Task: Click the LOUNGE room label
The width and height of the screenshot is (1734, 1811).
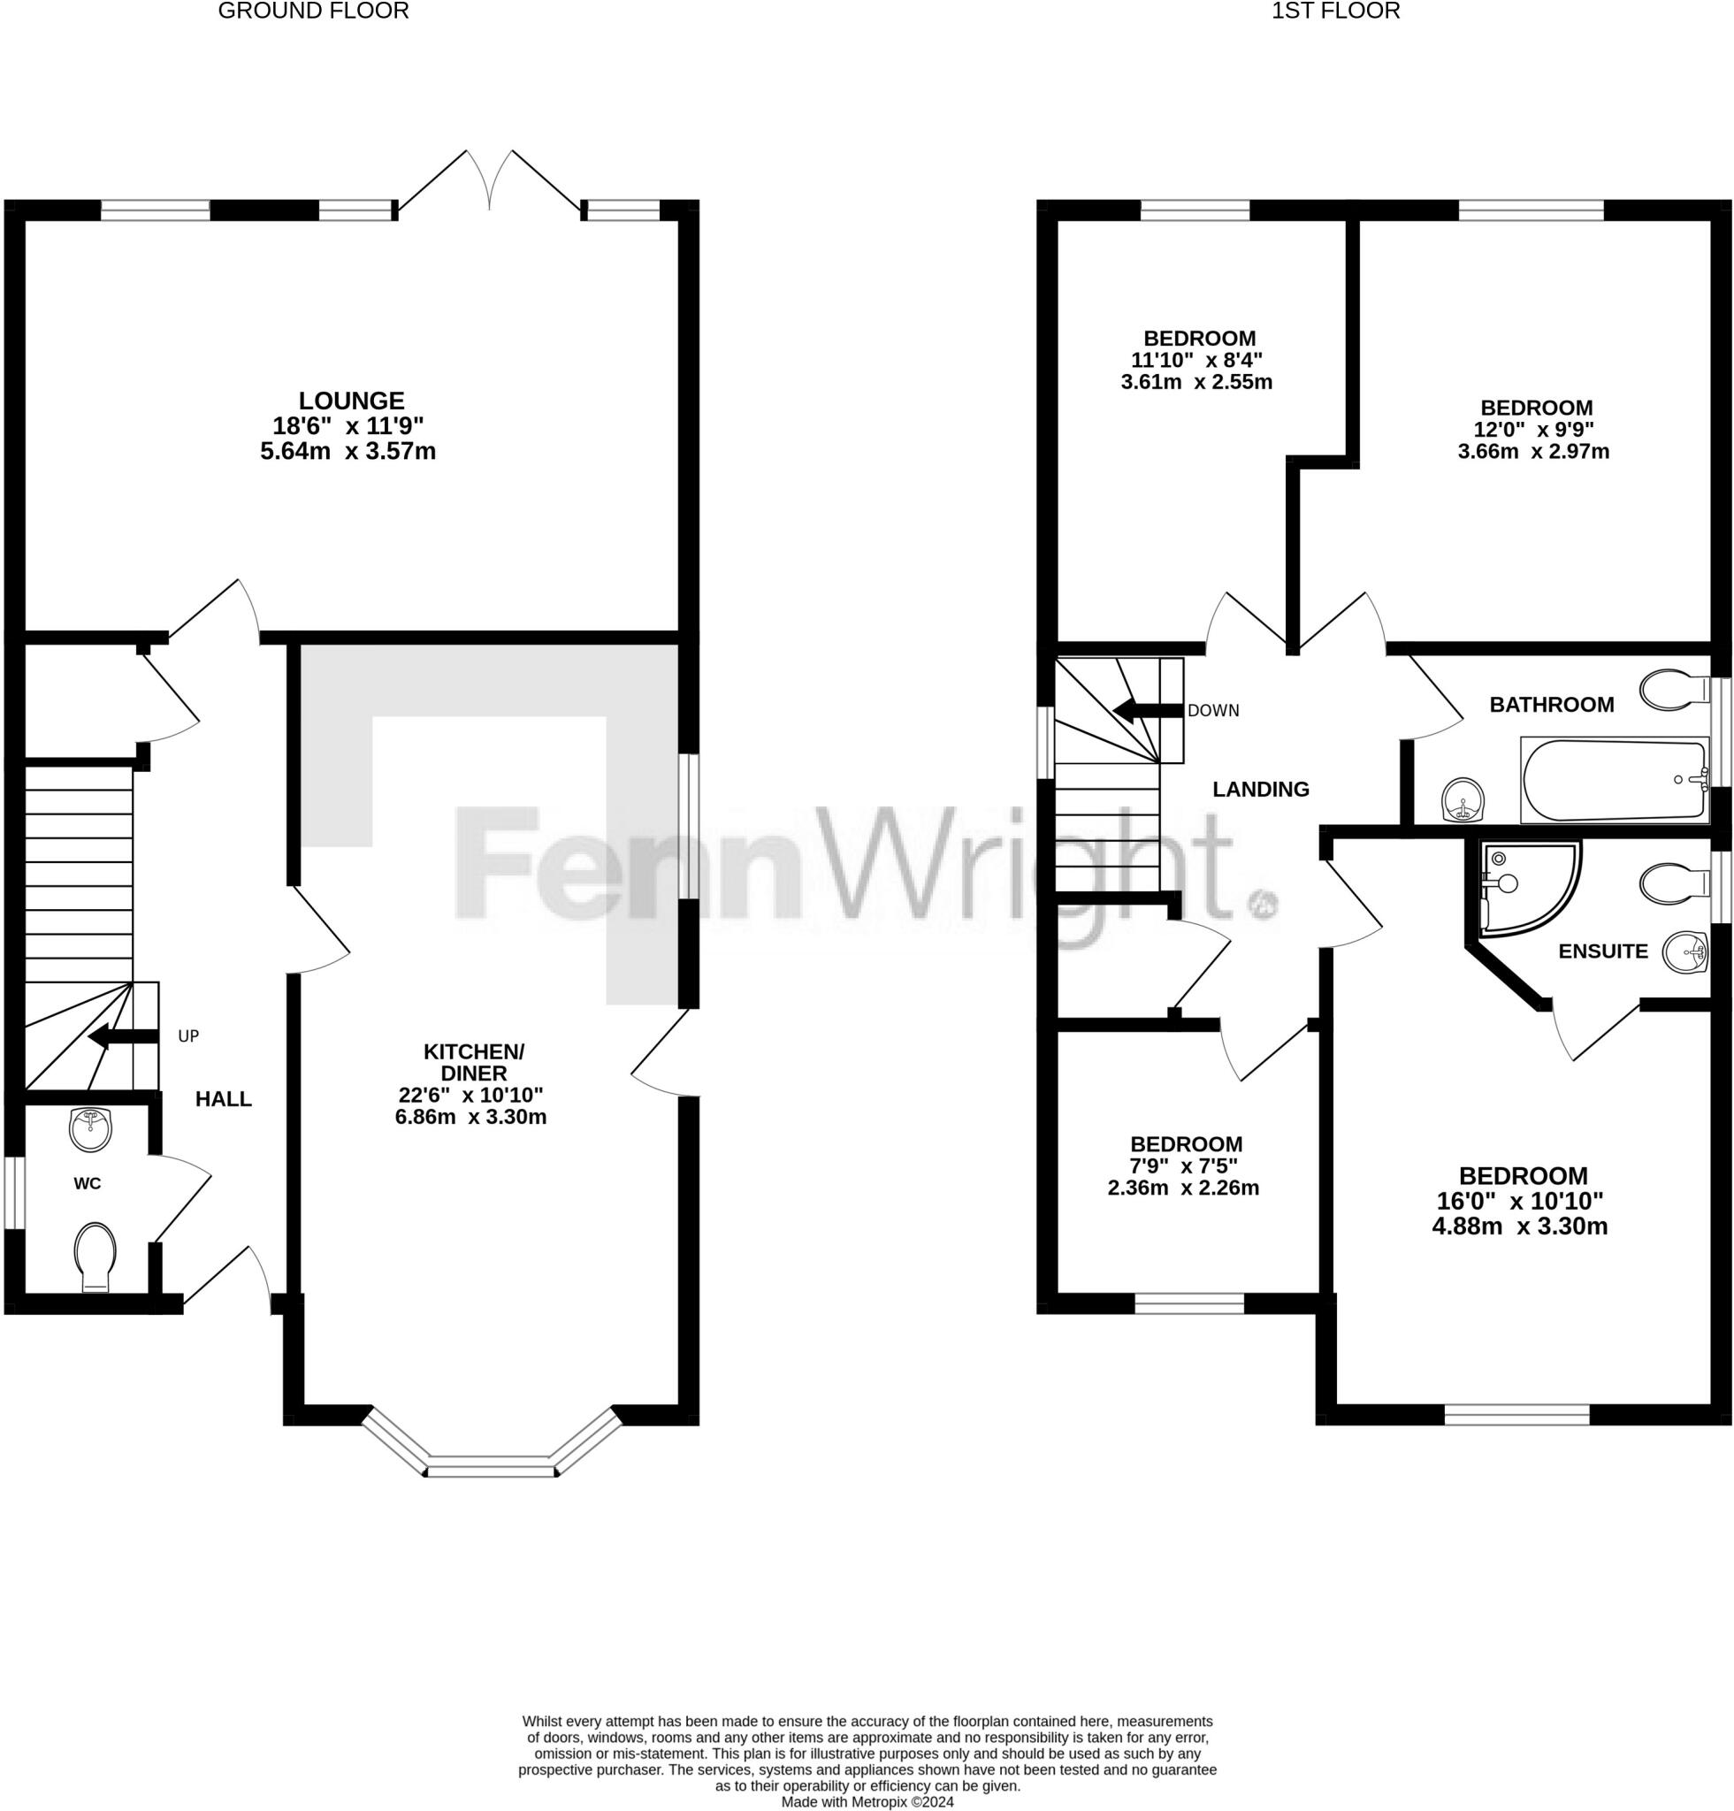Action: coord(351,401)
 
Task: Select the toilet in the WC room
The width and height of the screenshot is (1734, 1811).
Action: coord(95,1256)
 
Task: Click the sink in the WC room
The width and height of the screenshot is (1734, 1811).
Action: coord(90,1129)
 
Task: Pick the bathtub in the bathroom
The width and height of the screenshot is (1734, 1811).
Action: coord(1614,779)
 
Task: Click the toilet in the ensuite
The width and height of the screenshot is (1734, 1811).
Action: coord(1673,883)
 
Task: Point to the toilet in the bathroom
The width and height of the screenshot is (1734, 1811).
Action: coord(1673,688)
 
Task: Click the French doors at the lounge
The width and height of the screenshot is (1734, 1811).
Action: coord(489,180)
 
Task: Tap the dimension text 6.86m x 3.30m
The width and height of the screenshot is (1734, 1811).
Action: coord(470,1116)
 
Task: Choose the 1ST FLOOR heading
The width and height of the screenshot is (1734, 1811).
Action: coord(1335,11)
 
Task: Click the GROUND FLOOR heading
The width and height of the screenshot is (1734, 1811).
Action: coord(313,11)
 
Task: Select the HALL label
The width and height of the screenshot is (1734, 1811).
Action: coord(224,1098)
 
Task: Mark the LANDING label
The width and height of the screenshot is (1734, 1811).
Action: coord(1260,789)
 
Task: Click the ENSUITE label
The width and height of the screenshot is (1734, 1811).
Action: coord(1603,951)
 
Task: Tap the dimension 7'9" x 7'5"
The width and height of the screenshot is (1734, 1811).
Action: coord(1183,1166)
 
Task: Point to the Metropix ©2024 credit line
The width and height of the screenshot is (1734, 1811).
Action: coord(867,1802)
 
